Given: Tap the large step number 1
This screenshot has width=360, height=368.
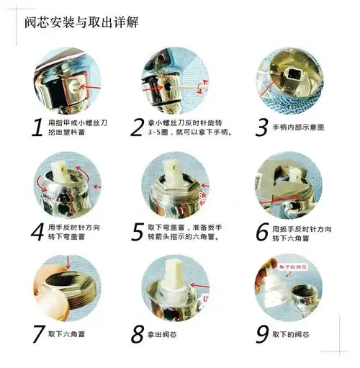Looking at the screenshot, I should [x=34, y=127].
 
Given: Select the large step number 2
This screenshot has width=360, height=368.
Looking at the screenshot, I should [x=138, y=127].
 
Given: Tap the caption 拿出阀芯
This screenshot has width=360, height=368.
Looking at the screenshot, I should [x=171, y=334].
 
